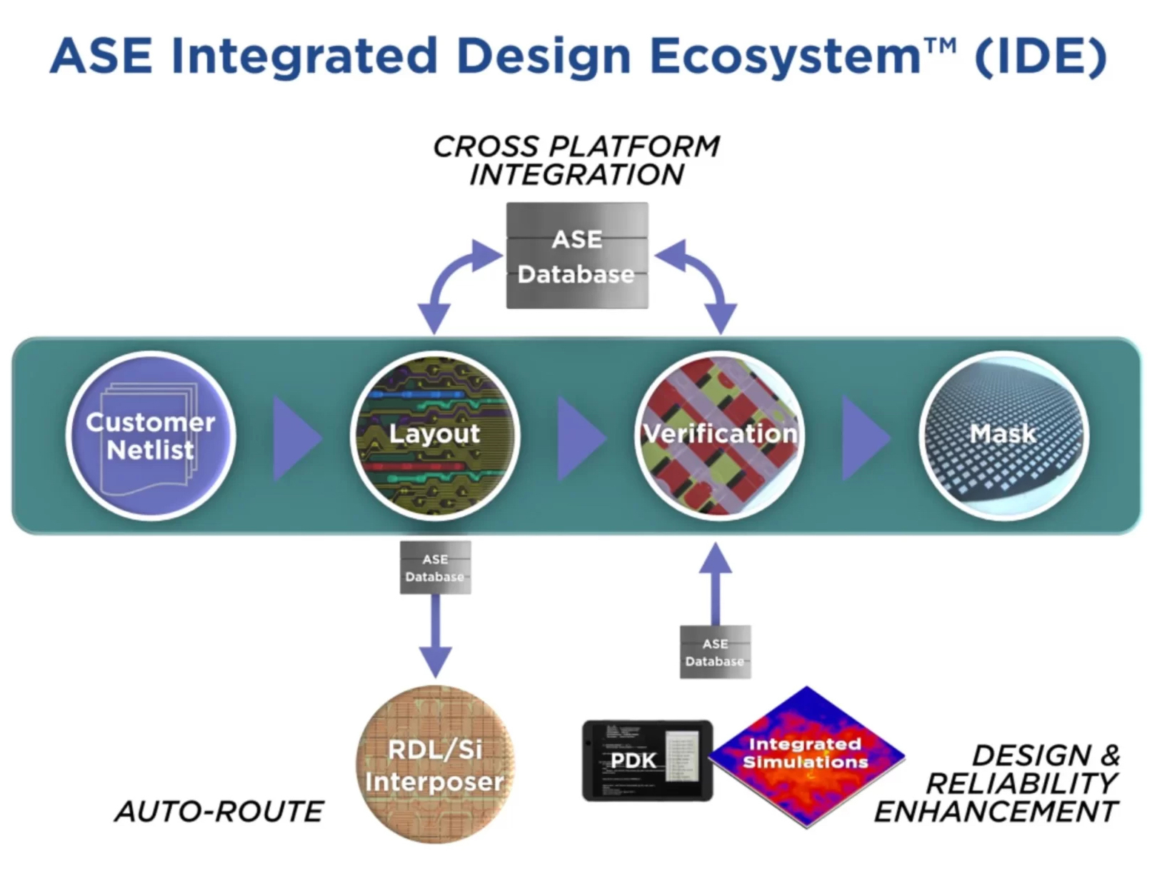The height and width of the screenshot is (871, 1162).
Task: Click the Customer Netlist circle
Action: pyautogui.click(x=151, y=435)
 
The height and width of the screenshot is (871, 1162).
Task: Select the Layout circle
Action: pyautogui.click(x=434, y=435)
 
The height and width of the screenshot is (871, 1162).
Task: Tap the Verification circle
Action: pyautogui.click(x=719, y=435)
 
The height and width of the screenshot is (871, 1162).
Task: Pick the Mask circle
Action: pyautogui.click(x=1003, y=435)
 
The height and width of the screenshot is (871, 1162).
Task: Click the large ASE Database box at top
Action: pyautogui.click(x=577, y=256)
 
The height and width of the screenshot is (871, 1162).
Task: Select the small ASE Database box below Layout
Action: pyautogui.click(x=435, y=568)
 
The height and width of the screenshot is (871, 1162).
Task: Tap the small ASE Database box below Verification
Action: pyautogui.click(x=715, y=652)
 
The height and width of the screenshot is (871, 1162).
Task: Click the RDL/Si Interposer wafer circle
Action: pyautogui.click(x=434, y=764)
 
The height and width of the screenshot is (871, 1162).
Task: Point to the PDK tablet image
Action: pyautogui.click(x=647, y=760)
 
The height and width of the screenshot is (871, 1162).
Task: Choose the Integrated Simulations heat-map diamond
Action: pyautogui.click(x=807, y=757)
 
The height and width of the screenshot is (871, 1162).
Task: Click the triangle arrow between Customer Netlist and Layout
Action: pyautogui.click(x=295, y=438)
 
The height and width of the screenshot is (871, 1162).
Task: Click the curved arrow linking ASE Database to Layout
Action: pyautogui.click(x=450, y=278)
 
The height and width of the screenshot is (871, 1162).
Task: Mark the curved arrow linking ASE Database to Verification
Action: pyautogui.click(x=703, y=278)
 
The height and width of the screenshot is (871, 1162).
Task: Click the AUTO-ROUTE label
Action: pyautogui.click(x=219, y=812)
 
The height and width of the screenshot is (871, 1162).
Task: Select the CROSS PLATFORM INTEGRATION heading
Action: pyautogui.click(x=576, y=161)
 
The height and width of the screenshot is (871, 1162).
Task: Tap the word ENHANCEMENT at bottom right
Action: pyautogui.click(x=996, y=812)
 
